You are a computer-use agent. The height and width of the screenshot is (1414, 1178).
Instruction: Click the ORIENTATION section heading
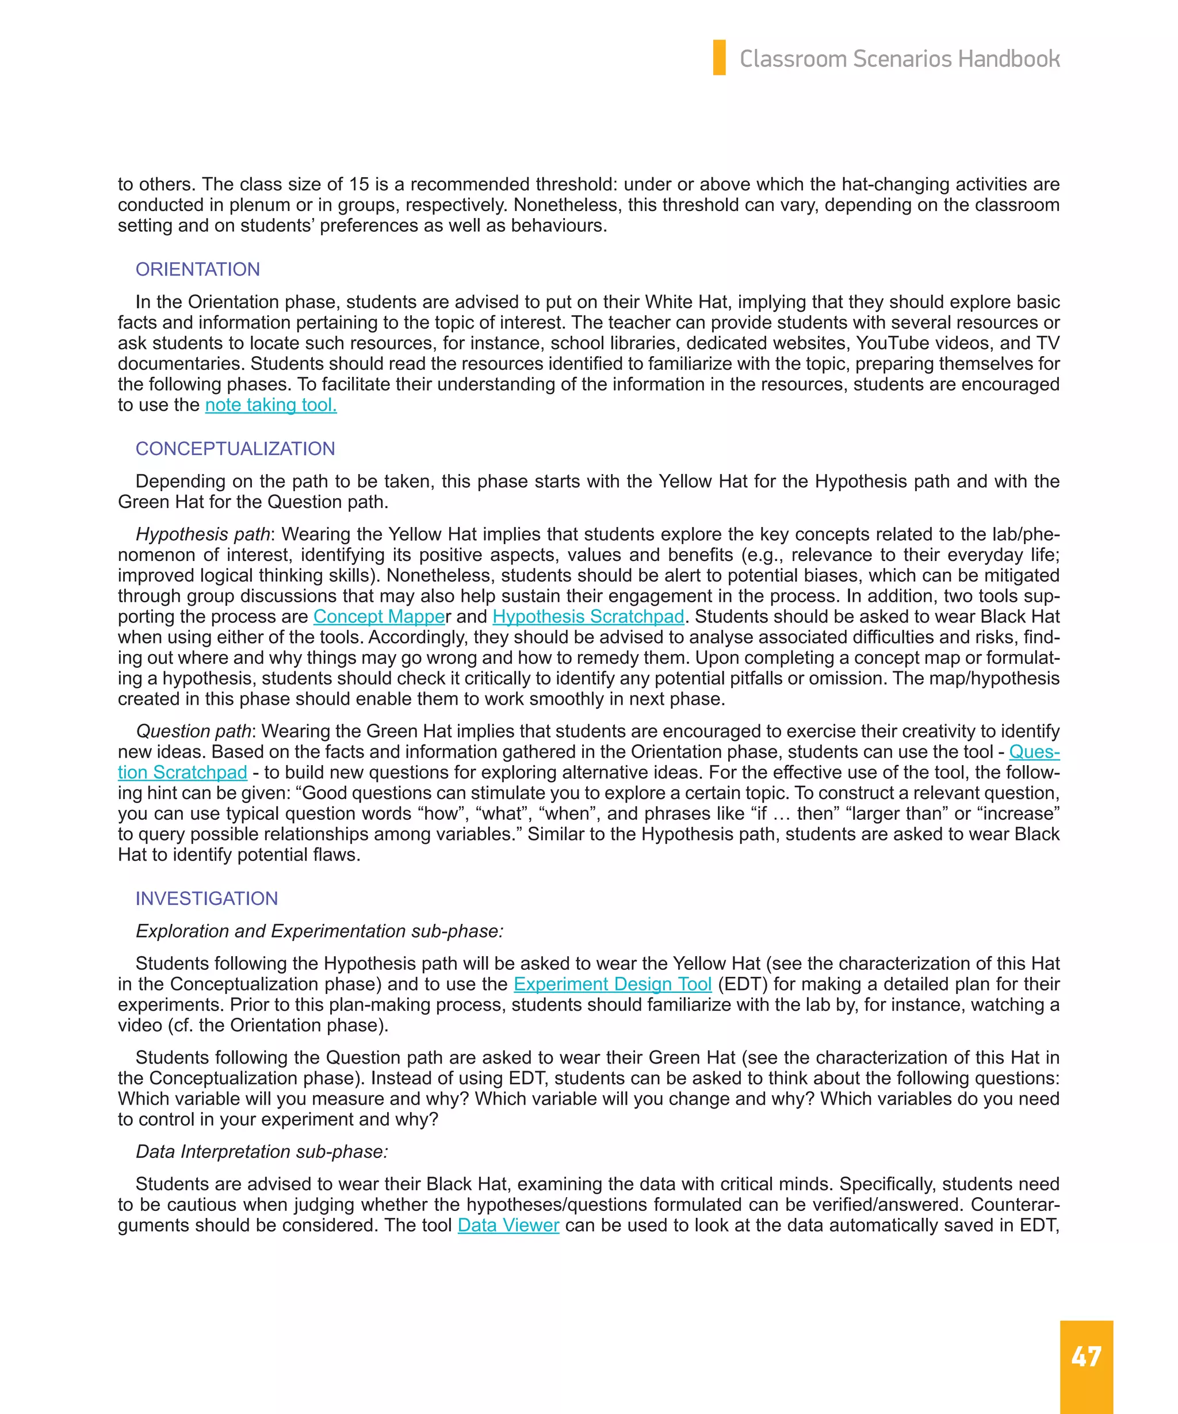197,269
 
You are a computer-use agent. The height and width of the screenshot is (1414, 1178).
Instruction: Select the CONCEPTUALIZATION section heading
235,449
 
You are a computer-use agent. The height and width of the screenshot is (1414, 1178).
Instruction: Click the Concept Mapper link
379,616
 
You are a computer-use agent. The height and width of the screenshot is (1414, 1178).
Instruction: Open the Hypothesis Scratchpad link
588,616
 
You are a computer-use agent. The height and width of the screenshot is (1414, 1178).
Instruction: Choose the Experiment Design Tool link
612,984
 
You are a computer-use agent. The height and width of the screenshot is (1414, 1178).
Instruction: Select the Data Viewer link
508,1225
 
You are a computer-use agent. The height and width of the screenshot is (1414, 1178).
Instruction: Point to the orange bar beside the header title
719,58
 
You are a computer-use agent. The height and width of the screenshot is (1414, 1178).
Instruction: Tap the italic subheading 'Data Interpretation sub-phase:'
262,1152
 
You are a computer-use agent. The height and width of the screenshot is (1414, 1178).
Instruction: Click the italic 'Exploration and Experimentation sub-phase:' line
320,931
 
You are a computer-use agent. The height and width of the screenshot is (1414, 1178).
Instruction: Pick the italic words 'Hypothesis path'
202,534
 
